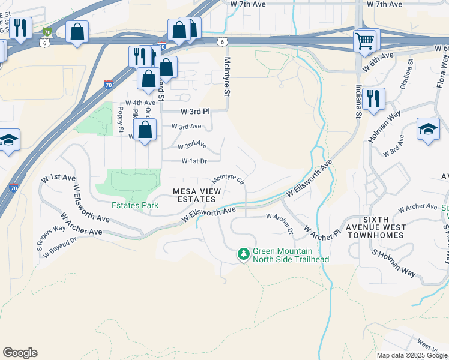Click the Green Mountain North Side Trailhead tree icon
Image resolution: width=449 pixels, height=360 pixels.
pos(244,255)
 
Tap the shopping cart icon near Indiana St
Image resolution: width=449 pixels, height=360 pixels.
pos(364,40)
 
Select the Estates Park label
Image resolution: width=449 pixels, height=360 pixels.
pos(135,205)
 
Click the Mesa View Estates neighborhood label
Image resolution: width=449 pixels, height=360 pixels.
pos(197,195)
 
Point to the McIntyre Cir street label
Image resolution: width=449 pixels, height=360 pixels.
pos(229,180)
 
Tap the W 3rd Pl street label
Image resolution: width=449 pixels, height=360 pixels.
pos(196,112)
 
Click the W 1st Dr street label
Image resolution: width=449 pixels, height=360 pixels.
pos(194,161)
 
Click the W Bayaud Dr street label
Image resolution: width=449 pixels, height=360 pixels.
pos(60,248)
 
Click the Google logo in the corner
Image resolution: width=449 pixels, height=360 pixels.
pos(20,353)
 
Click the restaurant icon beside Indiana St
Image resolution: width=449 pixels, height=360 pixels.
pos(373,98)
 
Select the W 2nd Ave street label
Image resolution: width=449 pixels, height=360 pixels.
pos(192,146)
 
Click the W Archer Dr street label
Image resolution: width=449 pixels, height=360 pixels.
pos(279,223)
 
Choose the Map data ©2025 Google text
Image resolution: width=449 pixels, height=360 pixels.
pos(412,355)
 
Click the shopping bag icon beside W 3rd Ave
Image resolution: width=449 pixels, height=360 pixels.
pos(145,129)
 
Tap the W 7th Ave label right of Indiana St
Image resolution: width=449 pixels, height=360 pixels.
pos(384,4)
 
